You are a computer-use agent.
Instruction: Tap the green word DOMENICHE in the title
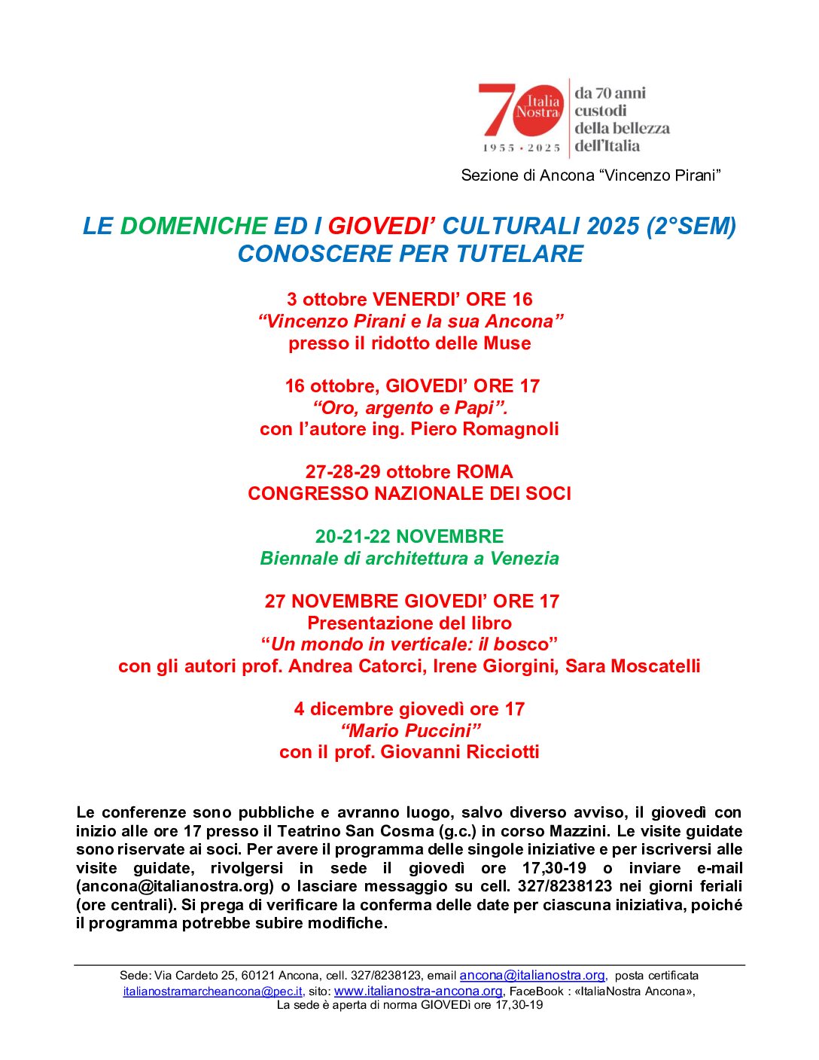pos(193,226)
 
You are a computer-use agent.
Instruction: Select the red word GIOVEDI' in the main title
pos(381,226)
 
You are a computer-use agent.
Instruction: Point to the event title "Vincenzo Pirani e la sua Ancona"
pos(410,321)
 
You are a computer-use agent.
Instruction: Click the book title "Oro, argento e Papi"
pos(410,408)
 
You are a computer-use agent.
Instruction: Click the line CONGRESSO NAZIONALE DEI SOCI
pos(409,494)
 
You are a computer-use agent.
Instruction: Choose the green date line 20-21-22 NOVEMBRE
pos(409,537)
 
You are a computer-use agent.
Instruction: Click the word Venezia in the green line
pos(525,559)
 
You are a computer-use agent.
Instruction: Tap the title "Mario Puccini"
pos(410,731)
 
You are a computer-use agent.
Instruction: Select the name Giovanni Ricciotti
pos(460,752)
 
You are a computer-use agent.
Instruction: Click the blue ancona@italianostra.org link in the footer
pos(532,976)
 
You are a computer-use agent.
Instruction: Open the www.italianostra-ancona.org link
pos(418,991)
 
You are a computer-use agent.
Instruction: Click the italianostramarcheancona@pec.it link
pos(213,991)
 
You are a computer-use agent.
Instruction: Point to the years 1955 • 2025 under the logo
pos(522,148)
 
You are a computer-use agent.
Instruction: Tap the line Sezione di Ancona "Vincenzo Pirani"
pos(591,175)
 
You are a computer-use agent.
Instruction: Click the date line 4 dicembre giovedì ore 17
pos(409,709)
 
